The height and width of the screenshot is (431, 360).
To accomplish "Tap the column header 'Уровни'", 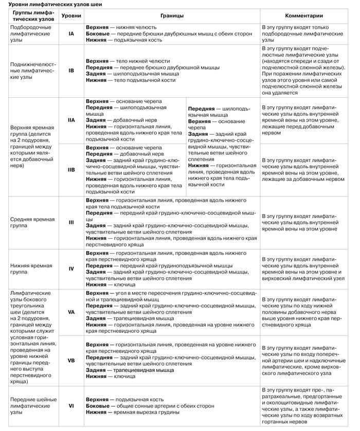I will click(71, 16).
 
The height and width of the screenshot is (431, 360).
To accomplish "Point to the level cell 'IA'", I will click(71, 33).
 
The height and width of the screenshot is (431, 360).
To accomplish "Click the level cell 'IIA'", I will click(71, 120).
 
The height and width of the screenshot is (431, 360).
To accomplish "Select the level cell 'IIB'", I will click(71, 169).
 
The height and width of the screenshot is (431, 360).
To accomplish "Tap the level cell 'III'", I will click(71, 222).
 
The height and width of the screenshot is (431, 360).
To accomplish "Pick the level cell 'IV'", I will click(71, 268).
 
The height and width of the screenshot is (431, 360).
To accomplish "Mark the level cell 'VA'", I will click(71, 312).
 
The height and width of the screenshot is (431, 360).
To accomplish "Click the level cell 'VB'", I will click(71, 360).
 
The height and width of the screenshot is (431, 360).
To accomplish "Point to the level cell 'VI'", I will click(71, 406).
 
